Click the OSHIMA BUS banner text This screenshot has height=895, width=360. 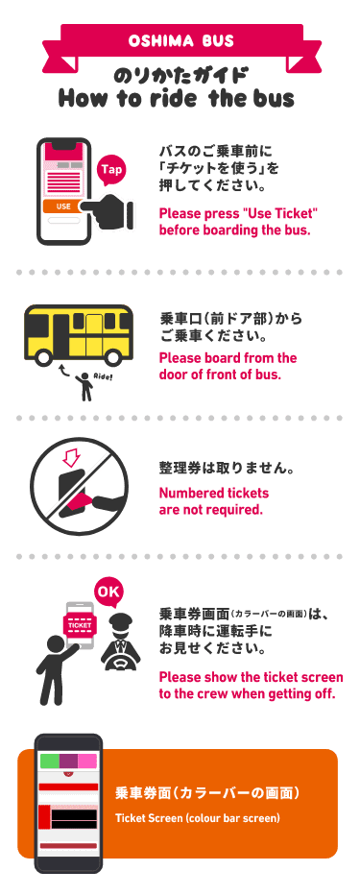[180, 41]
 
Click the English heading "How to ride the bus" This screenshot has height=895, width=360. [176, 98]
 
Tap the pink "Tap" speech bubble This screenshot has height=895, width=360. [112, 170]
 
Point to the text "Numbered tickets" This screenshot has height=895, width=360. [213, 493]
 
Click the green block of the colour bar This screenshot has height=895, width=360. [50, 761]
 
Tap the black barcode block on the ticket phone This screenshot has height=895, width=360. [73, 819]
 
